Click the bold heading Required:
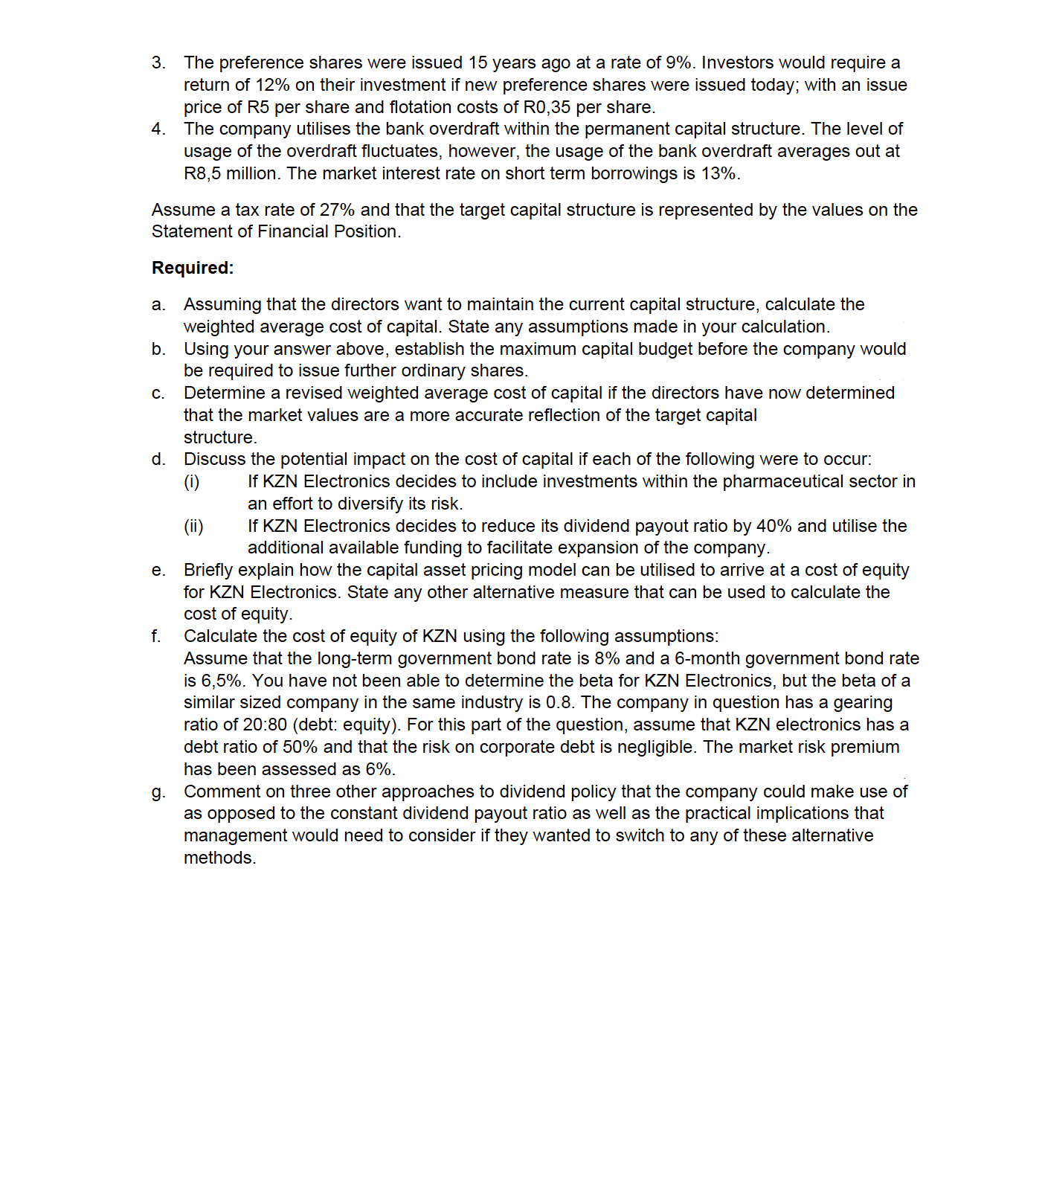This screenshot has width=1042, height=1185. (193, 268)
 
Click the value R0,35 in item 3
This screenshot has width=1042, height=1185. (546, 107)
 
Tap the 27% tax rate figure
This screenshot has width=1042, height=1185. (337, 210)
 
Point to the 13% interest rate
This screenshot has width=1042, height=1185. (718, 173)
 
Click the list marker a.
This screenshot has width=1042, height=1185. (158, 305)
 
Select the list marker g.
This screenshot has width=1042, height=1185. (158, 792)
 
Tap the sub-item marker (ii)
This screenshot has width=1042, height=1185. (193, 527)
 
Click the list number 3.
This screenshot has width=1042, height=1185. (158, 62)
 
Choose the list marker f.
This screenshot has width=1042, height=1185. (155, 637)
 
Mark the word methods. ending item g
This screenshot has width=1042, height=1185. (219, 858)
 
